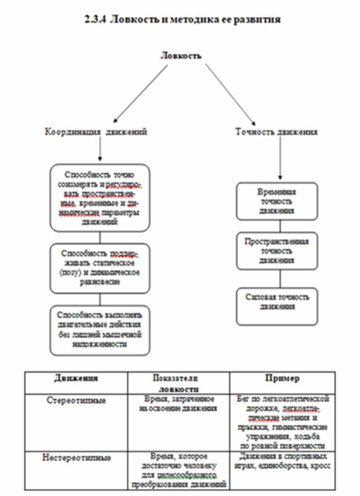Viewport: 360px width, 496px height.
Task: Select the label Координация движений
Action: coord(95,132)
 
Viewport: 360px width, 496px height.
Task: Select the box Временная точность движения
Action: coord(277,201)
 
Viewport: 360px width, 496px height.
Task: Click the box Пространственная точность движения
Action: coord(277,251)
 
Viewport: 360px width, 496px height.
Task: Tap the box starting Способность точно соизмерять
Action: coord(100,198)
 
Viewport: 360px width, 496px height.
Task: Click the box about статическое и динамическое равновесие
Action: coord(100,268)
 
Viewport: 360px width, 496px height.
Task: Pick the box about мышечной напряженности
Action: coord(100,330)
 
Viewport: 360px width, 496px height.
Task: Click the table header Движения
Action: coord(76,379)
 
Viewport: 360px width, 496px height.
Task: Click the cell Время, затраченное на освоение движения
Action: coord(178,403)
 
